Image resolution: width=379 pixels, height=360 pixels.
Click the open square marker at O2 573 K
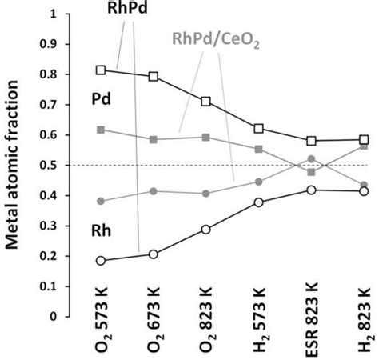click(101, 70)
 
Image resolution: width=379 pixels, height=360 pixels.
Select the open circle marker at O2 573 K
click(101, 261)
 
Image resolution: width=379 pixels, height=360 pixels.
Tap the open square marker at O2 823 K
click(206, 102)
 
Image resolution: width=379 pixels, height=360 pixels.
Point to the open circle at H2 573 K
click(259, 202)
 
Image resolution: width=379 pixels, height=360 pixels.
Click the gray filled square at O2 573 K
click(101, 129)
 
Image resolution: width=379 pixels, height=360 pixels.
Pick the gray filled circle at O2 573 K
click(101, 201)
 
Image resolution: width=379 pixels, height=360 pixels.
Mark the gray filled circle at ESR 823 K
click(312, 158)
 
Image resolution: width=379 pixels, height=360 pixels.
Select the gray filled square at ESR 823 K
click(312, 172)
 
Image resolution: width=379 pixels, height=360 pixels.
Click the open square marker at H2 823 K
click(364, 139)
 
